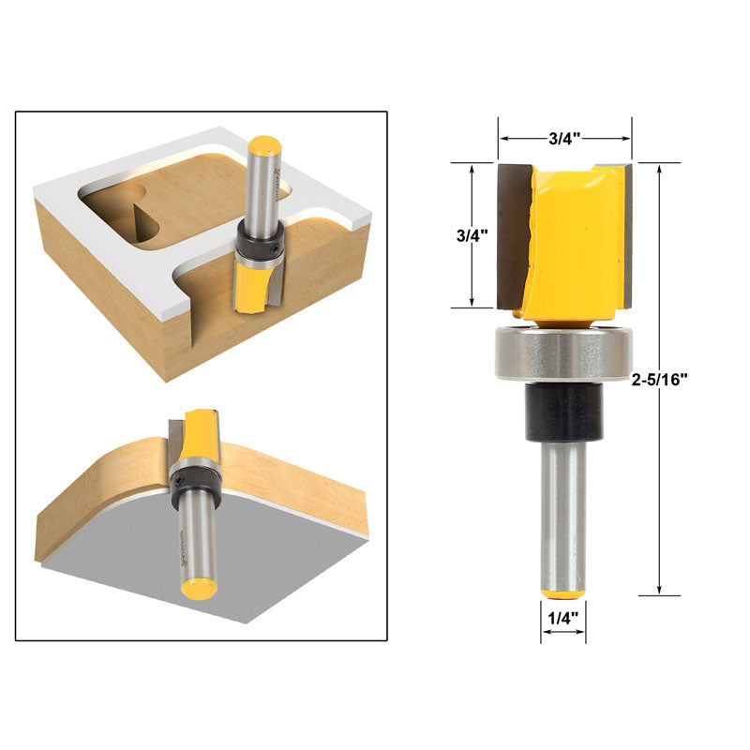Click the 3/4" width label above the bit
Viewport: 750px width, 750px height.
point(564,138)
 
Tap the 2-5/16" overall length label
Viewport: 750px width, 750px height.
point(659,380)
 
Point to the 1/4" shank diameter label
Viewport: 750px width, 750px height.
point(562,618)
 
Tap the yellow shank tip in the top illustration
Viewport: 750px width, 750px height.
point(263,146)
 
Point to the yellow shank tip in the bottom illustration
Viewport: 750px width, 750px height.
point(199,589)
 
